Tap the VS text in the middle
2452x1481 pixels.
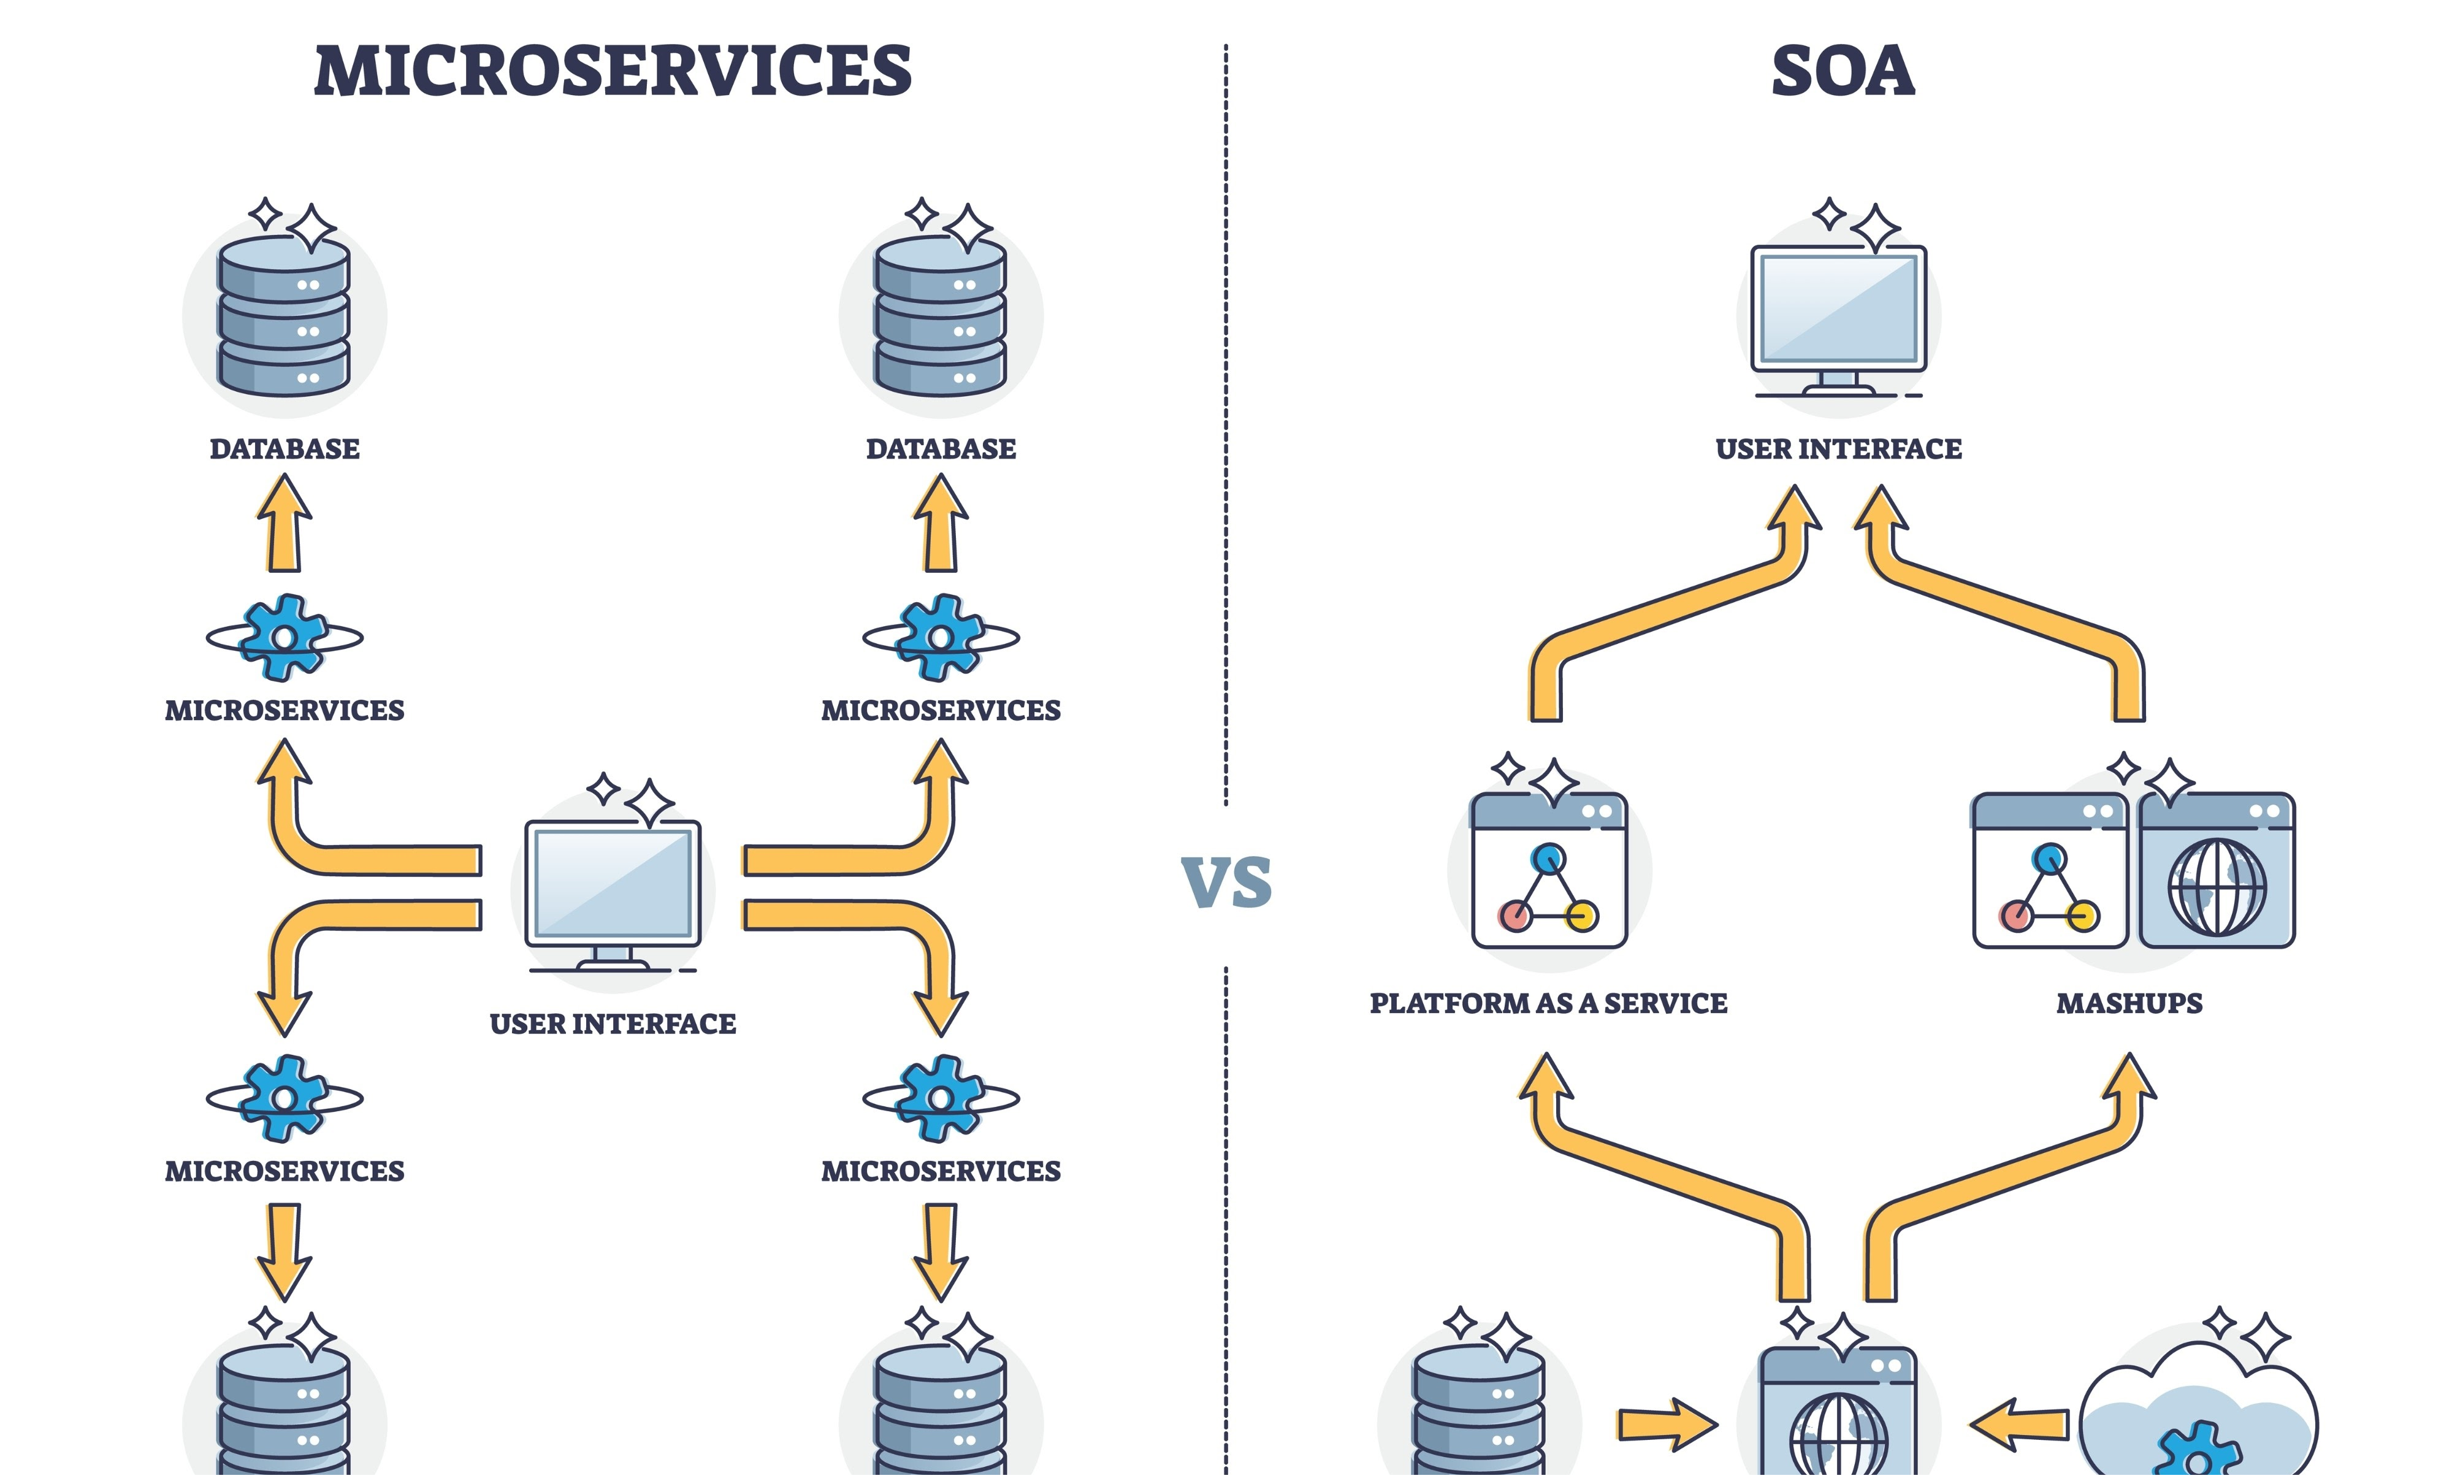(x=1226, y=882)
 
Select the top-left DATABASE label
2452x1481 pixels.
(x=285, y=449)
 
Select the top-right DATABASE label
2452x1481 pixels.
(x=941, y=449)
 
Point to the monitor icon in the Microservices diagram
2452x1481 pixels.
(x=613, y=896)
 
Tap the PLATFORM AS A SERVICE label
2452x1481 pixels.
(x=1548, y=1003)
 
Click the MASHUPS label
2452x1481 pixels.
(x=2129, y=1003)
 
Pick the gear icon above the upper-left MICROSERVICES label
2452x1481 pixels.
(x=285, y=637)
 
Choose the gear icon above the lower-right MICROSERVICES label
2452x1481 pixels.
(x=941, y=1098)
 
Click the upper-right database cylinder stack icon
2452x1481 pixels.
(x=941, y=315)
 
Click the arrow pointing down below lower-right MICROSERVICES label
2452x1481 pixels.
(x=941, y=1252)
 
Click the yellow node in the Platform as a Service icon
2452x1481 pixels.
(x=1581, y=916)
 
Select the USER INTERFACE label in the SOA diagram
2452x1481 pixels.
(x=1839, y=449)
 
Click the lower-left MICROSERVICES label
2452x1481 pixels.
(x=285, y=1171)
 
